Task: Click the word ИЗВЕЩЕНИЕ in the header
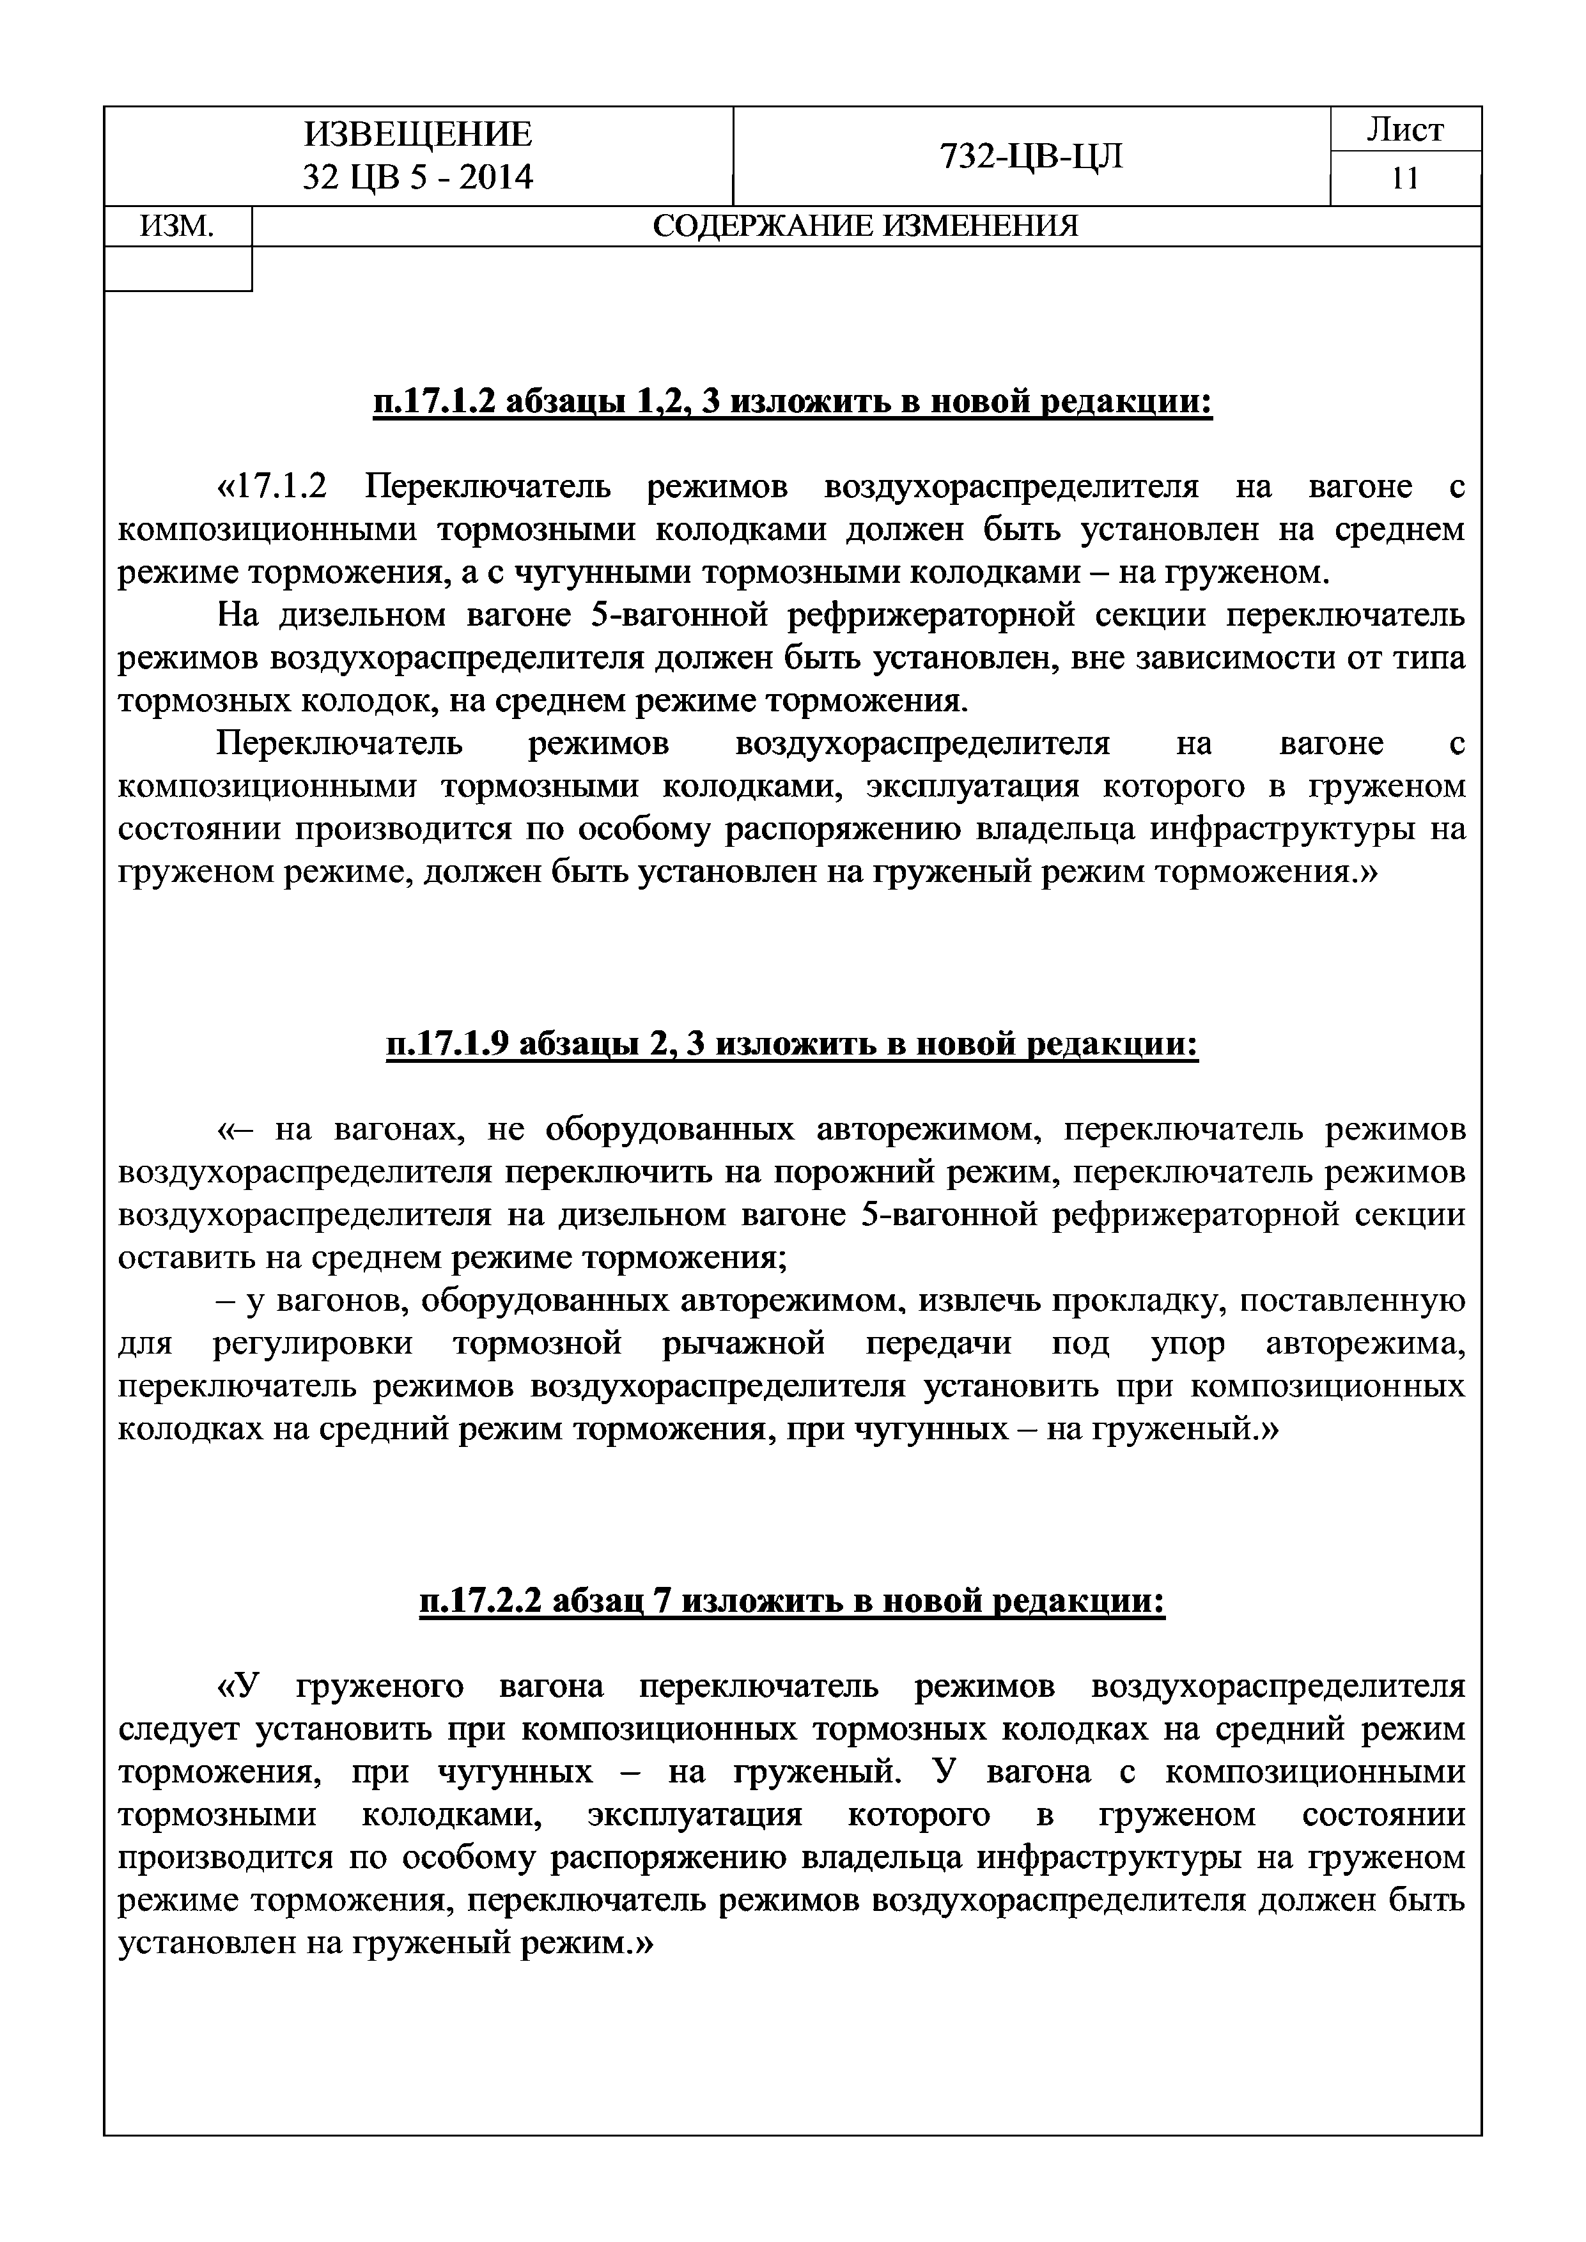418,134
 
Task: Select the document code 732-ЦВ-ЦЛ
1031,155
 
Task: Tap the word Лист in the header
1404,130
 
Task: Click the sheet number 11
1404,179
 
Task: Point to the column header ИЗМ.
177,226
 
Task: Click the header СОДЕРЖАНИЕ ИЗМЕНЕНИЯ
866,226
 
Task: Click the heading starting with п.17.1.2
792,402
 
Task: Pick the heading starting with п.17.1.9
792,1045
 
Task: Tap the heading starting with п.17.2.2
792,1602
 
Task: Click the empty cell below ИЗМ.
177,268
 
